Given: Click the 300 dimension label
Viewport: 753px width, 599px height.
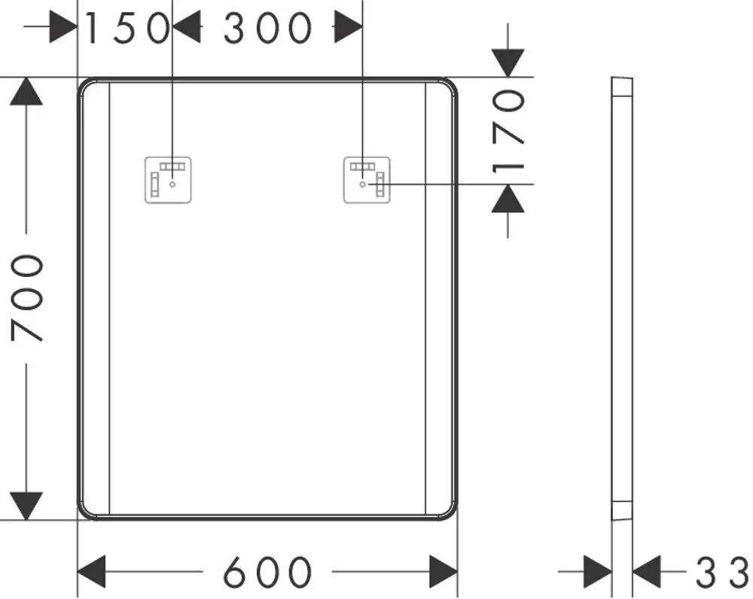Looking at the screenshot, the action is click(x=267, y=29).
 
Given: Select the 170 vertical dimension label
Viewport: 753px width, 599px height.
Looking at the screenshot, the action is click(x=508, y=131).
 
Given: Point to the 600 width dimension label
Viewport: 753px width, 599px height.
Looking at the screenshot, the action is click(x=267, y=572).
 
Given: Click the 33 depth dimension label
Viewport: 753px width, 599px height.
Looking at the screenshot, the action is click(x=722, y=572).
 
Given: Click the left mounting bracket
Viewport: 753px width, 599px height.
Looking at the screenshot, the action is click(x=168, y=180).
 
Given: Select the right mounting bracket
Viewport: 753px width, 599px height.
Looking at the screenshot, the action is click(x=367, y=180).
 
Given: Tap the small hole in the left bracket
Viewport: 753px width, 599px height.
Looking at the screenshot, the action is click(x=172, y=184).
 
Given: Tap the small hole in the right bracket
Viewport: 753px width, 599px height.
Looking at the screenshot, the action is click(x=363, y=184).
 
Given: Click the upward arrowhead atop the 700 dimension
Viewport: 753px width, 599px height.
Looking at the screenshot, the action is click(x=26, y=91).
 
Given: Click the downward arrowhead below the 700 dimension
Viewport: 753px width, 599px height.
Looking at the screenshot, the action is click(x=26, y=506).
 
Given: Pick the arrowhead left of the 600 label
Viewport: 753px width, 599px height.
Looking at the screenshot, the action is click(x=91, y=572).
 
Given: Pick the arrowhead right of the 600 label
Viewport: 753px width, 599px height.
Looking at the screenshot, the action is click(x=444, y=572).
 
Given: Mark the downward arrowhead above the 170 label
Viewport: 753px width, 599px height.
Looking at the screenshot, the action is click(x=508, y=63).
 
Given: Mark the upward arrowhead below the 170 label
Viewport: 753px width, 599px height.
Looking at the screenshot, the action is click(x=508, y=198).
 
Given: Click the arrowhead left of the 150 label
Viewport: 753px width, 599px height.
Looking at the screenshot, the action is click(x=63, y=27).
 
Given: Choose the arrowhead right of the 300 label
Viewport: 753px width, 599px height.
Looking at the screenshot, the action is click(x=349, y=27).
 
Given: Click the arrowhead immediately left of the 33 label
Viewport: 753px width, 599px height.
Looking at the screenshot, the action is click(x=647, y=572).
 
